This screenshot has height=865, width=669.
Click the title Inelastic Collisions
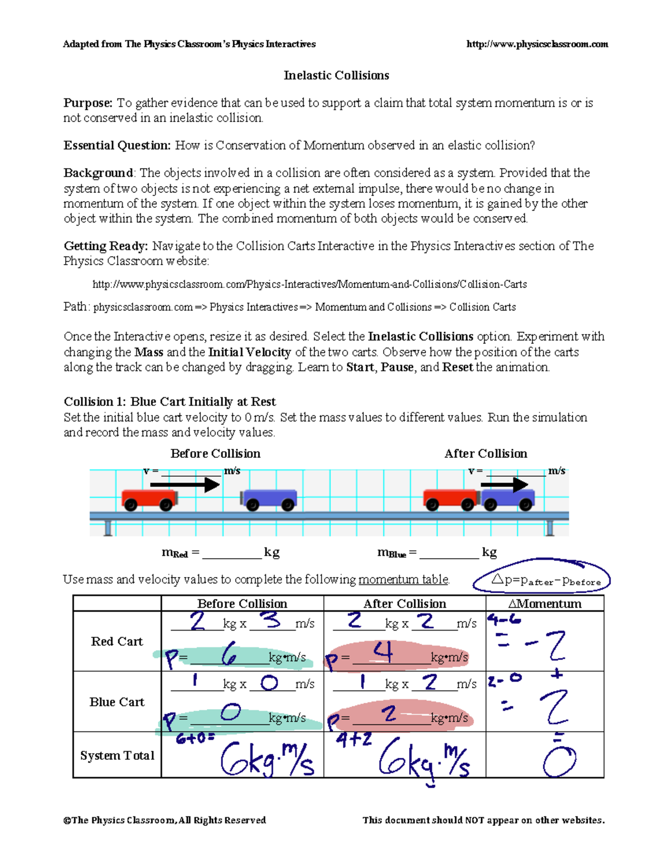click(x=336, y=75)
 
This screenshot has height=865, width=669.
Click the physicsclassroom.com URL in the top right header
click(x=537, y=44)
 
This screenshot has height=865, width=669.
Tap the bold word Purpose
click(x=88, y=103)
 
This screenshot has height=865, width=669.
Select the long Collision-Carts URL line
click(x=309, y=284)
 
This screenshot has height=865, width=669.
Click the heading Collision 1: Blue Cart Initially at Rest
click(x=169, y=402)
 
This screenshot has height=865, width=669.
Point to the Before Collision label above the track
click(x=215, y=453)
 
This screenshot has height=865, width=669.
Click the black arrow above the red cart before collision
click(x=185, y=485)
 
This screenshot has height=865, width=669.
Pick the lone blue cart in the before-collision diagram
click(x=269, y=499)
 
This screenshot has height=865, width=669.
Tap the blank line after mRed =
click(x=232, y=554)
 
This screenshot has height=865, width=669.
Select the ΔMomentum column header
click(x=545, y=604)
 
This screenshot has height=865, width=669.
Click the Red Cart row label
click(x=117, y=641)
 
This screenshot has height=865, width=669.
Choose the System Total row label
click(x=117, y=755)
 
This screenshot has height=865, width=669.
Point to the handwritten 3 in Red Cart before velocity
click(x=272, y=620)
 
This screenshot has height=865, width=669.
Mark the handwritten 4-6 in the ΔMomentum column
click(x=504, y=619)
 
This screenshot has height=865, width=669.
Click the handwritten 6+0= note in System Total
click(x=195, y=739)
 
